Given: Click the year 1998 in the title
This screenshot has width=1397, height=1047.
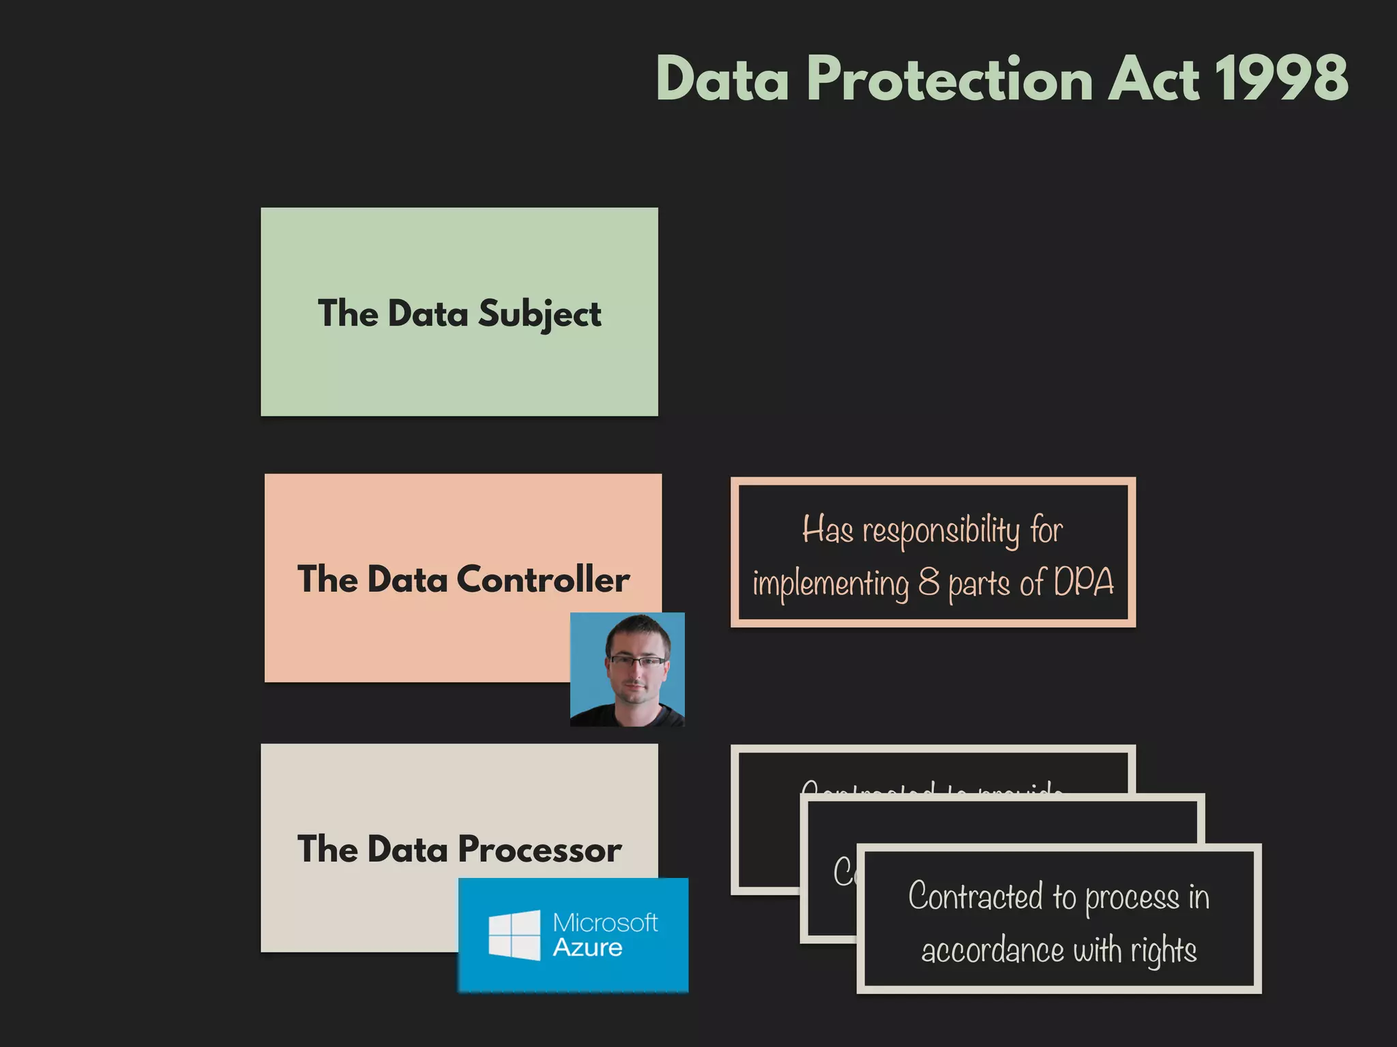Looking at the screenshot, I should click(1280, 78).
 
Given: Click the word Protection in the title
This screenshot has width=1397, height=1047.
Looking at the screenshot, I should click(950, 80).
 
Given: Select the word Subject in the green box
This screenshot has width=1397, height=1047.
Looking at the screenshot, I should click(539, 314).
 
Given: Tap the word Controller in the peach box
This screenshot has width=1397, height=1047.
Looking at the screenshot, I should click(542, 580).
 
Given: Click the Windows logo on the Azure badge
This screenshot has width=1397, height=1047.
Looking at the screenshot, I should click(514, 935).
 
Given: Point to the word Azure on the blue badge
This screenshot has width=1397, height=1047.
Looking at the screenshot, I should click(587, 948).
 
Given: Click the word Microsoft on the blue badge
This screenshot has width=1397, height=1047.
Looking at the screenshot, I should click(605, 922).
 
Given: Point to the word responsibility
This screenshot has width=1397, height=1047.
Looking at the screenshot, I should click(941, 531).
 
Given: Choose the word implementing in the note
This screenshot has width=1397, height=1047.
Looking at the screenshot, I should click(830, 584).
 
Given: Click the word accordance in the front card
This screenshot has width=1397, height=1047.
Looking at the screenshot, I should click(992, 950).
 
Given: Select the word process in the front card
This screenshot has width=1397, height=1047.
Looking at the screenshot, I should click(1132, 897).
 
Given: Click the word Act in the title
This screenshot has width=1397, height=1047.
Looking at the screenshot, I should click(1152, 78).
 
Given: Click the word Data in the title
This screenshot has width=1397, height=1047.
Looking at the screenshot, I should click(722, 80).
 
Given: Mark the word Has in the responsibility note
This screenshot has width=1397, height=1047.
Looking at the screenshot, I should click(827, 530).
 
